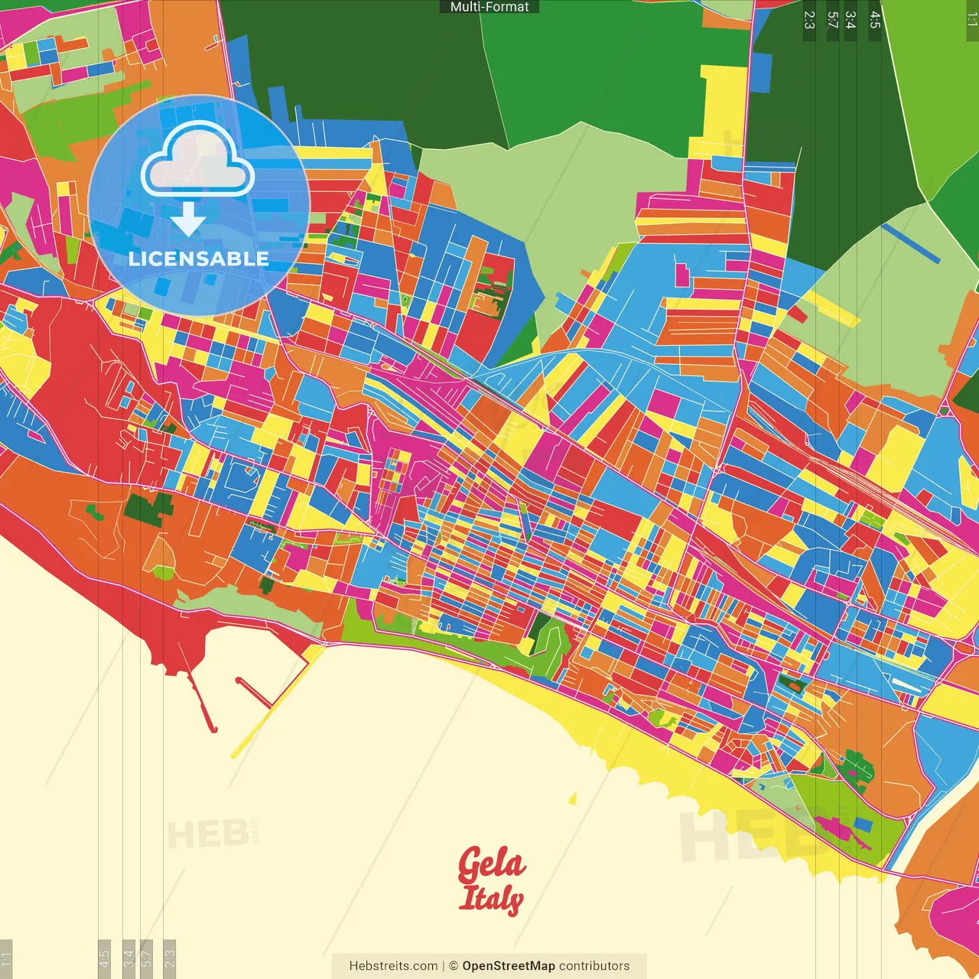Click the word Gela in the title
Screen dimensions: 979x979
tap(492, 864)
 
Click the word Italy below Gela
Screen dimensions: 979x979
tap(491, 899)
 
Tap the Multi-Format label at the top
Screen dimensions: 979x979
tap(489, 7)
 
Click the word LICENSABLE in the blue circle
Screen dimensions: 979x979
tap(199, 259)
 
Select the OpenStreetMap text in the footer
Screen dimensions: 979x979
tap(509, 966)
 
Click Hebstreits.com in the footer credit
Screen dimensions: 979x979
tap(393, 966)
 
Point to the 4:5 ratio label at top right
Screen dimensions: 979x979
tap(875, 20)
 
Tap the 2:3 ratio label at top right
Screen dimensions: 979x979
tap(809, 20)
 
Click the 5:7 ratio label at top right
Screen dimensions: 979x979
tap(832, 20)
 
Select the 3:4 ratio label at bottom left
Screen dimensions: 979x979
tap(128, 958)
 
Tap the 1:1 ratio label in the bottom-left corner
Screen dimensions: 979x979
tap(6, 958)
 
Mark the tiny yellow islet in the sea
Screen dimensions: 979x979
tap(572, 800)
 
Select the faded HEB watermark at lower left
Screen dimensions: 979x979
tap(207, 834)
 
